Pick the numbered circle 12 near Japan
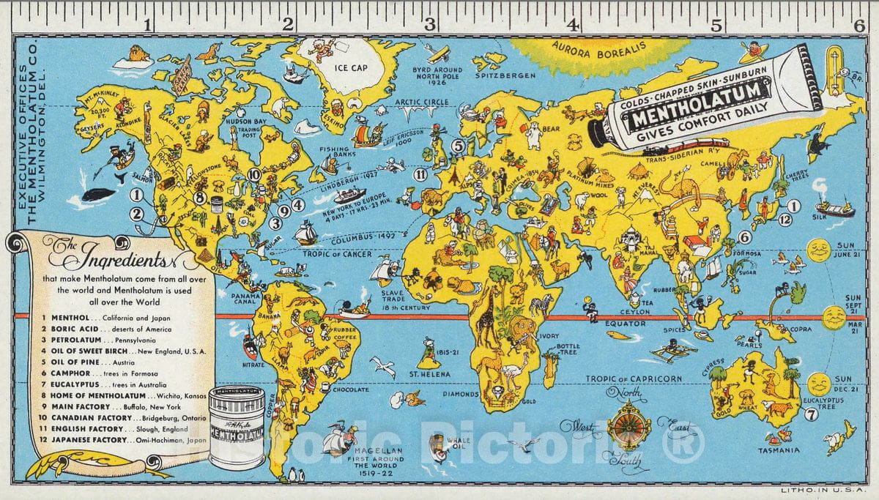[x=785, y=218]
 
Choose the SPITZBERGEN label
[x=501, y=75]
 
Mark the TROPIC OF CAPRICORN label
[x=634, y=379]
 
